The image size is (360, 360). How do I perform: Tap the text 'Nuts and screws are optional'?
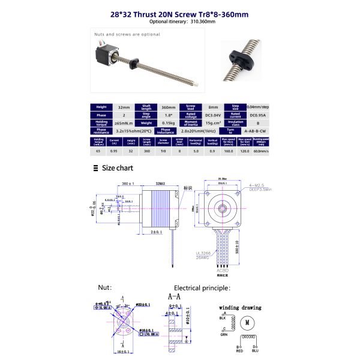tap(127, 34)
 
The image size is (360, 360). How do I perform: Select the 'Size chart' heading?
tap(117, 169)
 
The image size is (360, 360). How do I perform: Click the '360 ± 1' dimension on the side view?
tap(128, 183)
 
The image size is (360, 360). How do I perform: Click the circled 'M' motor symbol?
tap(245, 323)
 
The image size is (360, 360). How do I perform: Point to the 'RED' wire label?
tap(239, 350)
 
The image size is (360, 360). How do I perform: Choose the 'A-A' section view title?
tap(174, 296)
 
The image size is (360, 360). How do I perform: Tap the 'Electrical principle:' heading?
tap(202, 289)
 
